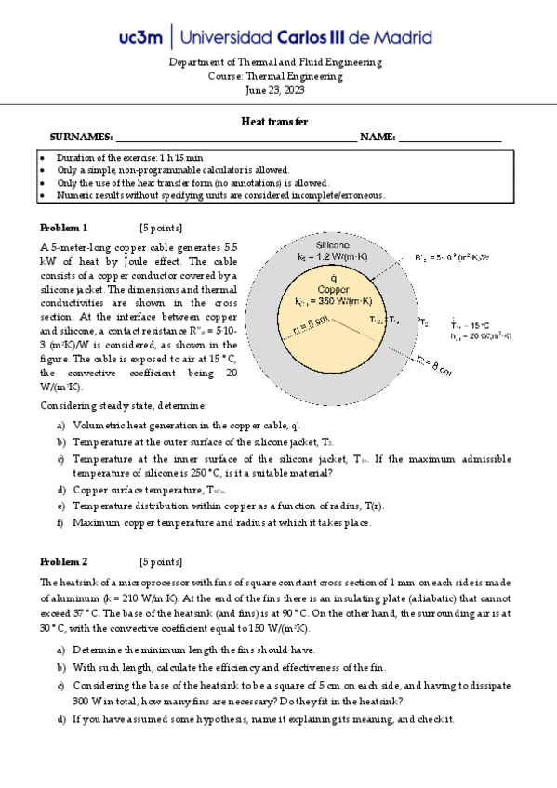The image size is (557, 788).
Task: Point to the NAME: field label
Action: coord(377,137)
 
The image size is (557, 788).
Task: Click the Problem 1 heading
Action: coord(63,228)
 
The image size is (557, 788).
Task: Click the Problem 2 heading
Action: coord(63,561)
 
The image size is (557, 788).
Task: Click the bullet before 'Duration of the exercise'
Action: coord(43,158)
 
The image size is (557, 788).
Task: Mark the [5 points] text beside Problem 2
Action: coord(160,561)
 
